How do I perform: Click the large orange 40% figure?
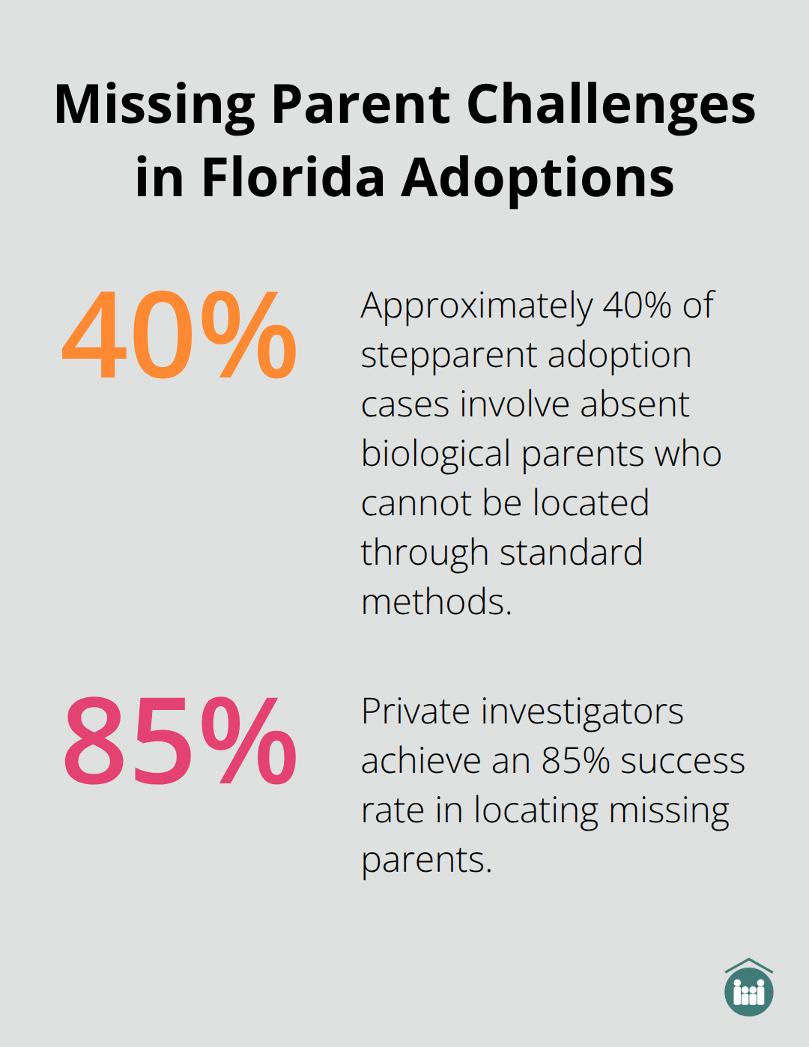pos(180,336)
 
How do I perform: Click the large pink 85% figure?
pos(180,741)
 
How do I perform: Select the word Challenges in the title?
pos(611,105)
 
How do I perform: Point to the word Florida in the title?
pos(293,178)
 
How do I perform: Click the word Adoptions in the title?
pos(538,178)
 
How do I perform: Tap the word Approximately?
pos(477,306)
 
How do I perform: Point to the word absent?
pos(634,404)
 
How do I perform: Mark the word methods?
pos(435,602)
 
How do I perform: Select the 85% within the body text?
pos(575,761)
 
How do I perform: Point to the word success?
pos(682,761)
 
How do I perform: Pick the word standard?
pos(571,553)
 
